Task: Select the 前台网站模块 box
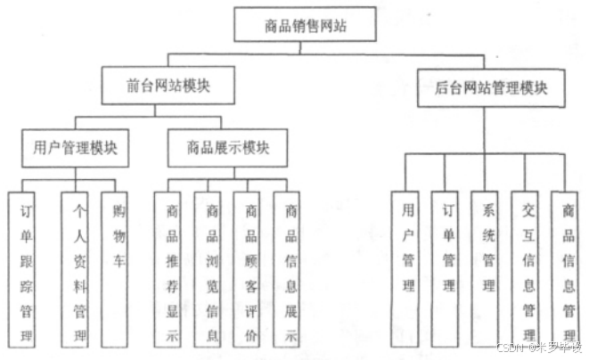coord(168,87)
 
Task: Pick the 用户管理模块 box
coord(74,147)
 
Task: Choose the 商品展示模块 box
coord(227,147)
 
